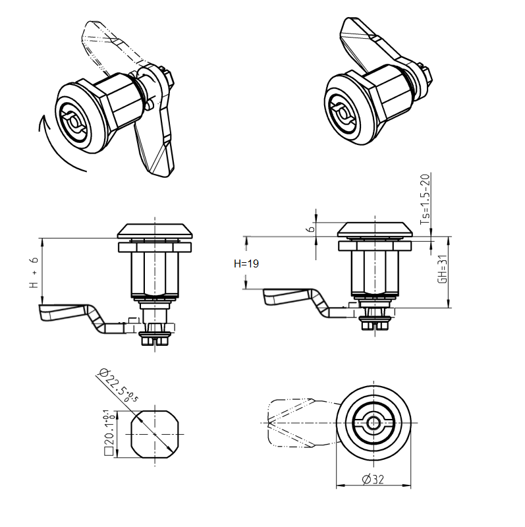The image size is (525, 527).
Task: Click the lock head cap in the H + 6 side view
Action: (155, 231)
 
